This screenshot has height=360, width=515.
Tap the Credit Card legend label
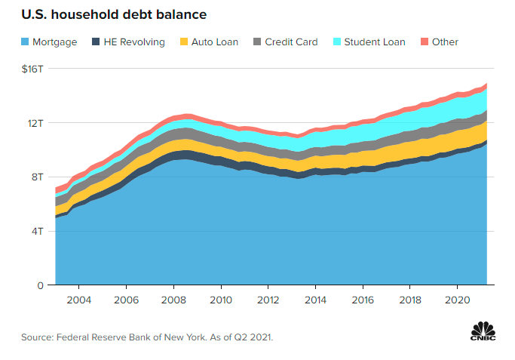(x=291, y=42)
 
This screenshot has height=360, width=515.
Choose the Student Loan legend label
(x=375, y=42)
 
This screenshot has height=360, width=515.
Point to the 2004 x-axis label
(x=79, y=300)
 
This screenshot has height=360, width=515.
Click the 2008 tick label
(x=173, y=300)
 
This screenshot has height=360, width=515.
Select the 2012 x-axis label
(x=268, y=300)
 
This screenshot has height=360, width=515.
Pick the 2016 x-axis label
(x=363, y=300)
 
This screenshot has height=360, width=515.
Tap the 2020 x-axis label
(x=458, y=300)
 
